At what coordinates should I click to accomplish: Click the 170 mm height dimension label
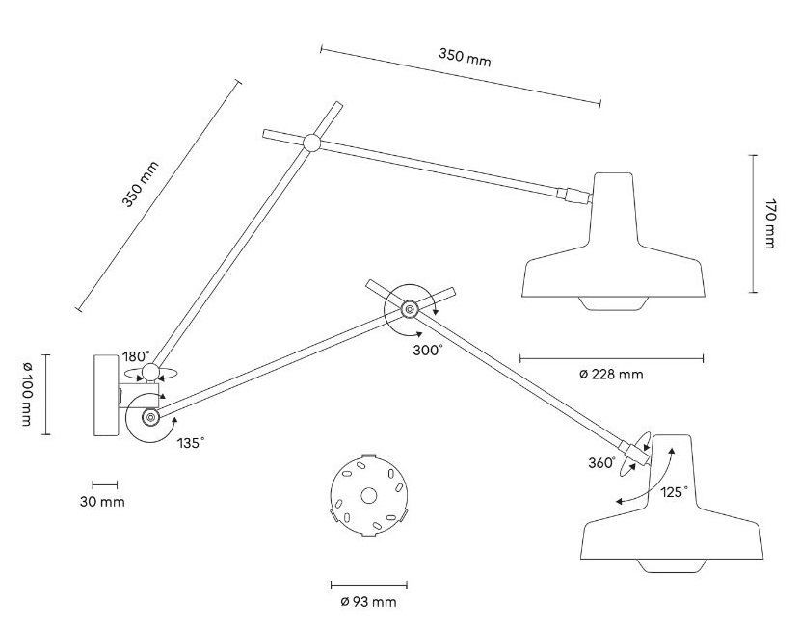coord(769,223)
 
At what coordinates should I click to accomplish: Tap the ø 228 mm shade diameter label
coord(611,375)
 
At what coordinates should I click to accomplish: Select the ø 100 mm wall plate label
coord(27,394)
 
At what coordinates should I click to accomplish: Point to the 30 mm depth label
coord(102,502)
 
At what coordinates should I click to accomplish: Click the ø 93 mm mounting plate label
coord(368,602)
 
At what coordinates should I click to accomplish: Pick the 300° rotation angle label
coord(428,351)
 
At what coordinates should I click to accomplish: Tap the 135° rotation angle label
coord(191,443)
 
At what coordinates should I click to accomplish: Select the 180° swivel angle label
coord(136,356)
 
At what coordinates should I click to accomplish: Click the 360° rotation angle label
coord(601,463)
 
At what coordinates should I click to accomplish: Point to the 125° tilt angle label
coord(674,492)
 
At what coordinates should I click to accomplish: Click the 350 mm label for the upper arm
coord(465,57)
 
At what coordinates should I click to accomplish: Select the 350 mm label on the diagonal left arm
coord(140,184)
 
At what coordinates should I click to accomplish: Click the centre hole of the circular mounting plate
coord(368,495)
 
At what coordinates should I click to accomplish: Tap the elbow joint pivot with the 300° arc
coord(409,309)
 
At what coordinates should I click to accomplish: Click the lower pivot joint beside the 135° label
coord(150,418)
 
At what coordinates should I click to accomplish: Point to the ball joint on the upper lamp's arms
coord(311,143)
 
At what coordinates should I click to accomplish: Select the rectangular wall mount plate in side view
coord(106,395)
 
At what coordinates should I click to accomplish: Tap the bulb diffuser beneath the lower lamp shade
coord(672,565)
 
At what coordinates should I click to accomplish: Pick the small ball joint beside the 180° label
coord(150,373)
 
